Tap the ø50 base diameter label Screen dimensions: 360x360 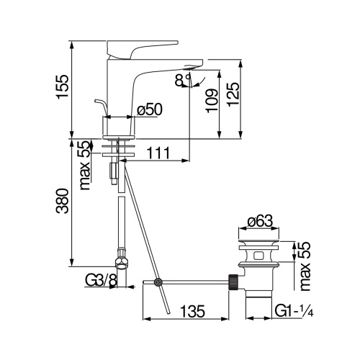(148, 110)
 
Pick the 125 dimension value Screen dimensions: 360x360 (233, 91)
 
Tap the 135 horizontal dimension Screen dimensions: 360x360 (190, 312)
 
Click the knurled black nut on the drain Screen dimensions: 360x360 (233, 281)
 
